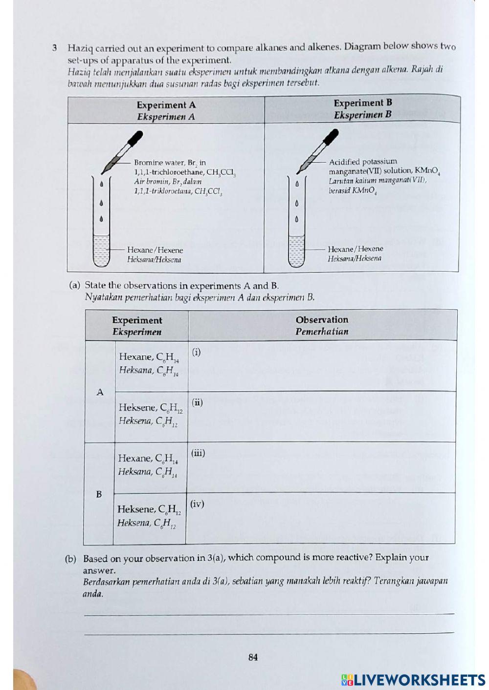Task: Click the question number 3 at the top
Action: (x=55, y=48)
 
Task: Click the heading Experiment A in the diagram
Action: (x=166, y=105)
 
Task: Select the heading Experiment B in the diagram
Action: (x=362, y=103)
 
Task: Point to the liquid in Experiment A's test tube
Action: (x=101, y=251)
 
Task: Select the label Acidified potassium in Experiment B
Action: (x=363, y=162)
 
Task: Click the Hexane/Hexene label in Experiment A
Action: (x=155, y=250)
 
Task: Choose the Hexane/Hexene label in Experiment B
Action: (x=355, y=249)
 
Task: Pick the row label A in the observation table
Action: (x=100, y=392)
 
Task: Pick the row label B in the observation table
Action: (x=99, y=494)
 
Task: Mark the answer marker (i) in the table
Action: (x=196, y=352)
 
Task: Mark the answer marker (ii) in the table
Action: (x=197, y=402)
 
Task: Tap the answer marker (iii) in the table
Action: (x=198, y=453)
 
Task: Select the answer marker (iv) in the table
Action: (x=197, y=503)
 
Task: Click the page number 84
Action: (x=253, y=657)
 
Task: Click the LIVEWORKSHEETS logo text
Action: (x=419, y=680)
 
